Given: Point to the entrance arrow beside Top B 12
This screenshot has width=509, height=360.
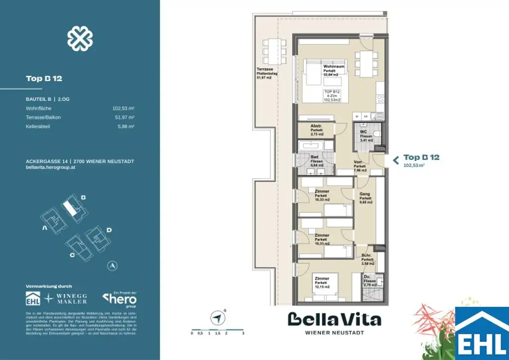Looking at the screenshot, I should [396, 160].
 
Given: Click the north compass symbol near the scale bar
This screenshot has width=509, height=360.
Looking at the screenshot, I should [217, 317].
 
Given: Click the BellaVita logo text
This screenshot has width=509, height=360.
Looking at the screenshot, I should [334, 319].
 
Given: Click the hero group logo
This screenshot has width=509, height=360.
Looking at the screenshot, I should [119, 299].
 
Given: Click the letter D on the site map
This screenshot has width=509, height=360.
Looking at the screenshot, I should [109, 230].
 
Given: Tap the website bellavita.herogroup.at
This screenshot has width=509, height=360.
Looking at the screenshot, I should [51, 168].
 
